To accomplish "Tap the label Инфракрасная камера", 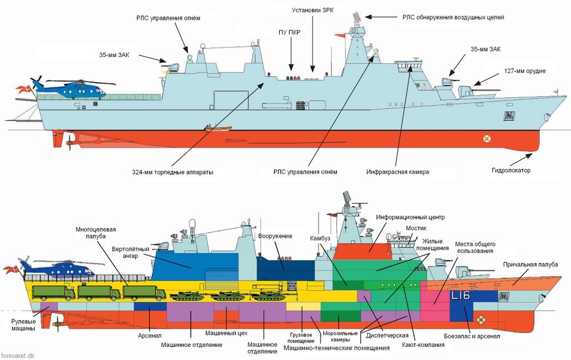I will point(397,171).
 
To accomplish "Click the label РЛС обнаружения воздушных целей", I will point(453,17).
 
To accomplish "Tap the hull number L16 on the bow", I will point(460,296).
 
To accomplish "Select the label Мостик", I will point(416,227).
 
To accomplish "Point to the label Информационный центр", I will point(410,217).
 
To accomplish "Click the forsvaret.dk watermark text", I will point(18,355).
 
